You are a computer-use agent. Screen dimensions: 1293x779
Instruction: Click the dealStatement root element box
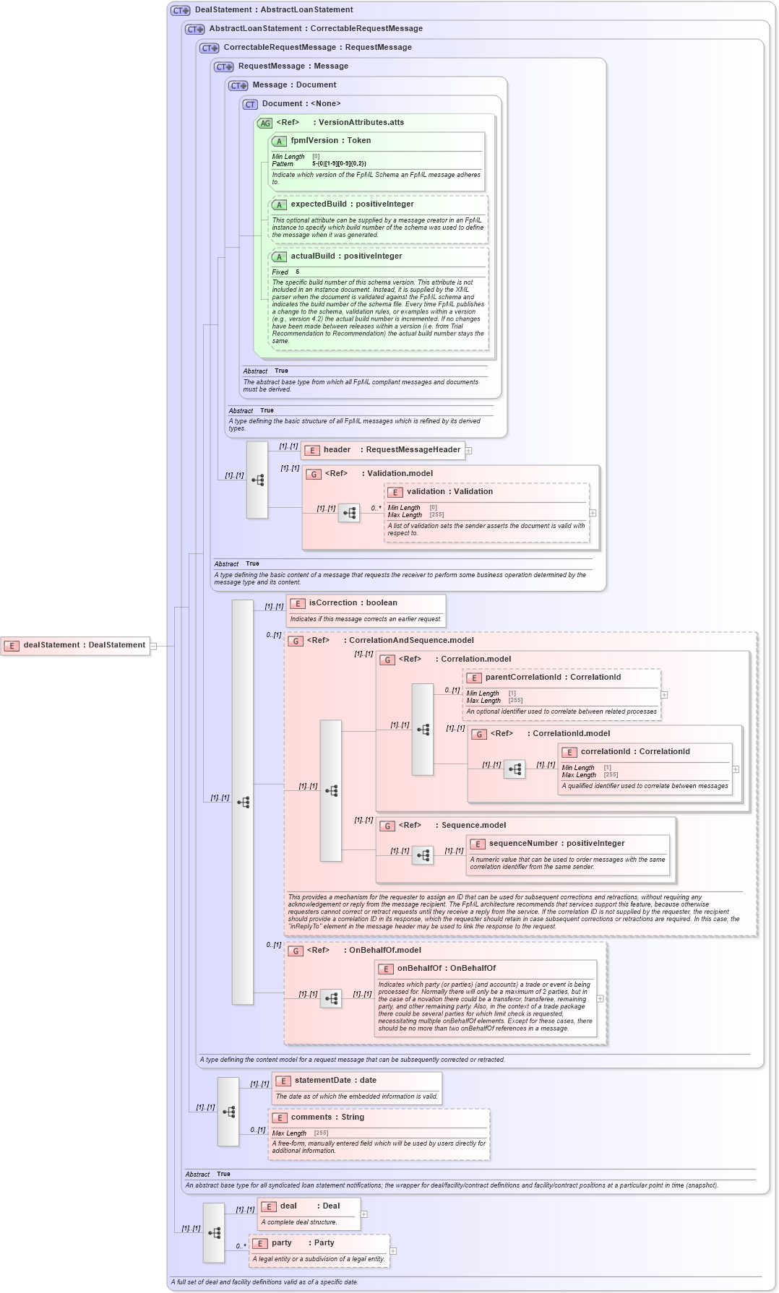coord(75,646)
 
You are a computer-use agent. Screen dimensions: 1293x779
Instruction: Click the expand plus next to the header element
coord(469,451)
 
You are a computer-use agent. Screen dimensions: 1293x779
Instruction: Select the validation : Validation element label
coord(449,492)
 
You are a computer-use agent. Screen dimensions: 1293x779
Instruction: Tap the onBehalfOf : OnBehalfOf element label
coord(446,969)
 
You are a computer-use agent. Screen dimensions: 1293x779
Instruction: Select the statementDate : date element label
coord(335,1081)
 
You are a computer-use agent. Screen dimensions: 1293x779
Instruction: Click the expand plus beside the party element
coord(393,1251)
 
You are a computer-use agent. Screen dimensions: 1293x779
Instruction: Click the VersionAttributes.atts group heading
coord(361,123)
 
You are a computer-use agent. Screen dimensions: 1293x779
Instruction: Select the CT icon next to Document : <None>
coord(250,105)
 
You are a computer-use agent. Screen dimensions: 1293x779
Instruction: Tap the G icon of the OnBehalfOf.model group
coord(296,951)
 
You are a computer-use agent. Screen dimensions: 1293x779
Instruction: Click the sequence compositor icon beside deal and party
coord(214,1233)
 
